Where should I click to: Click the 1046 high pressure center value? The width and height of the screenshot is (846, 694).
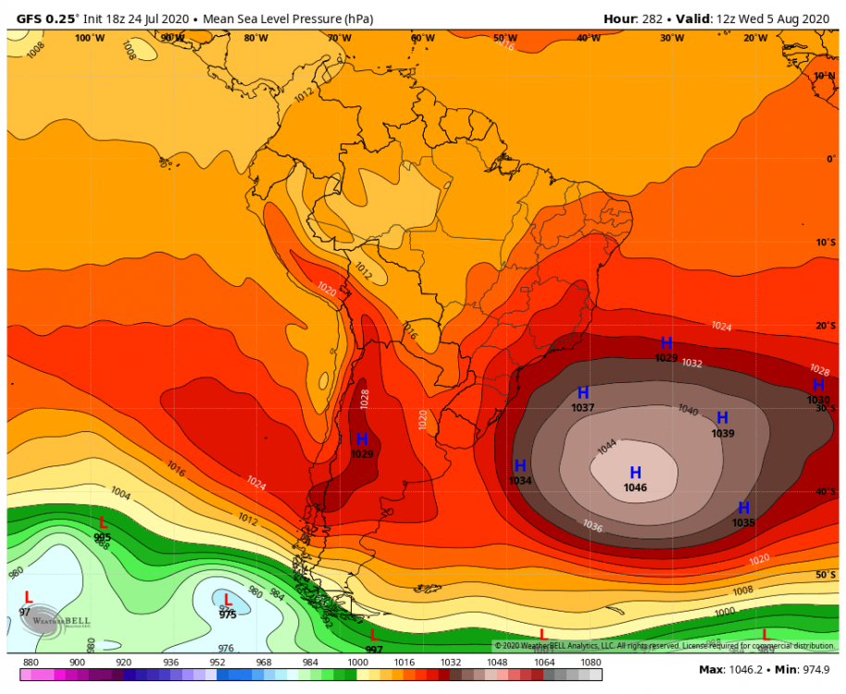click(x=635, y=488)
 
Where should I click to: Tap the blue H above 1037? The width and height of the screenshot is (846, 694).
click(x=583, y=393)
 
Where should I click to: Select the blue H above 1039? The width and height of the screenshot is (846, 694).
click(x=723, y=418)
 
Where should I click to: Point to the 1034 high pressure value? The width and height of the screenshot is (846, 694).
click(x=520, y=480)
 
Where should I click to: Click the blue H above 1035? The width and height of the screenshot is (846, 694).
click(x=743, y=507)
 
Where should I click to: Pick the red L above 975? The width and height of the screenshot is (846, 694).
click(x=228, y=600)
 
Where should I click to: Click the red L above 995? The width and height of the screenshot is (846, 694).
click(x=103, y=523)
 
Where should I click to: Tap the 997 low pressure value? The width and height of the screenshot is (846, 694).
click(x=374, y=650)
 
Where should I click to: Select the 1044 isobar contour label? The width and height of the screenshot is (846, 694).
click(x=606, y=446)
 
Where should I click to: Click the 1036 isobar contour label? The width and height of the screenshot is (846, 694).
click(x=593, y=526)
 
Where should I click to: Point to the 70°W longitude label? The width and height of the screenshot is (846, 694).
click(x=339, y=38)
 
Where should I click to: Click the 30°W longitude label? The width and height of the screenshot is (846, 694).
click(x=672, y=38)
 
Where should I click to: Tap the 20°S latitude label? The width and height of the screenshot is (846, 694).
click(x=825, y=326)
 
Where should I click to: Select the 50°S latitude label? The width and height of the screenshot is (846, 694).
click(x=825, y=575)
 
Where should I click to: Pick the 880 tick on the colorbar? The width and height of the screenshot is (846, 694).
click(x=31, y=663)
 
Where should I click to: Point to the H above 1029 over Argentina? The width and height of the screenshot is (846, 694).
click(x=362, y=439)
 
